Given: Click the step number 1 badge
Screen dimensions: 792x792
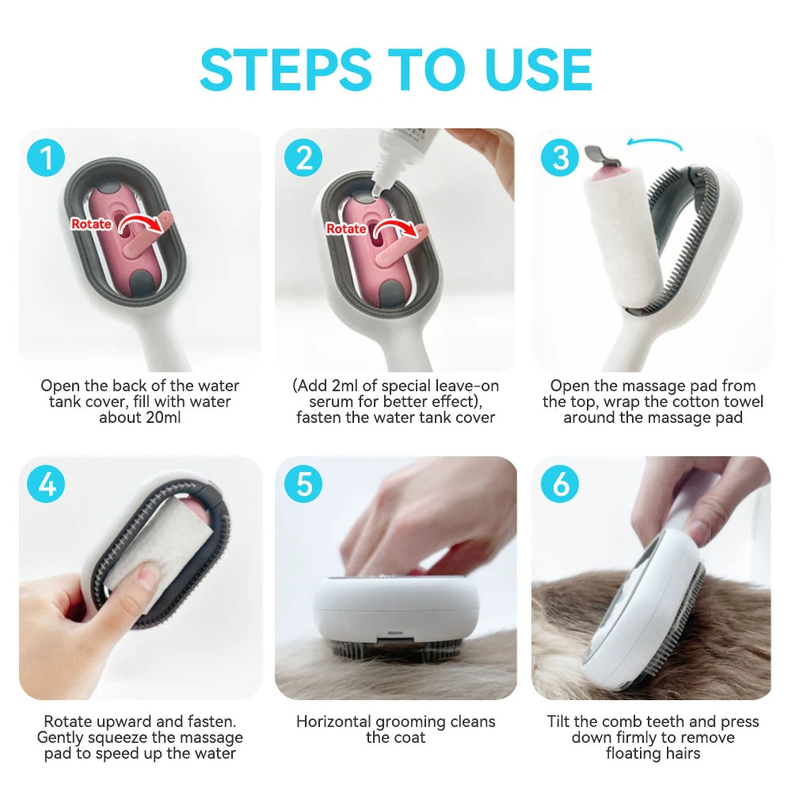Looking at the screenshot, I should tap(47, 158).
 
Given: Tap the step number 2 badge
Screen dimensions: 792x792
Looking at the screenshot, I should tap(303, 158).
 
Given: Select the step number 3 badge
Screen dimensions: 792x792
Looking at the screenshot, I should tap(560, 158).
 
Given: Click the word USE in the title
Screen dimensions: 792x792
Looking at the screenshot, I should tap(539, 70).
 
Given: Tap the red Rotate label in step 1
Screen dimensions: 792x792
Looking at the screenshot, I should tap(91, 224).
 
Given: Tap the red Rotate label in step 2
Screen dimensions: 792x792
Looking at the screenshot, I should tap(346, 229).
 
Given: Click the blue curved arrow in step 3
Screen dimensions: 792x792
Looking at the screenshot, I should tap(653, 143).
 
